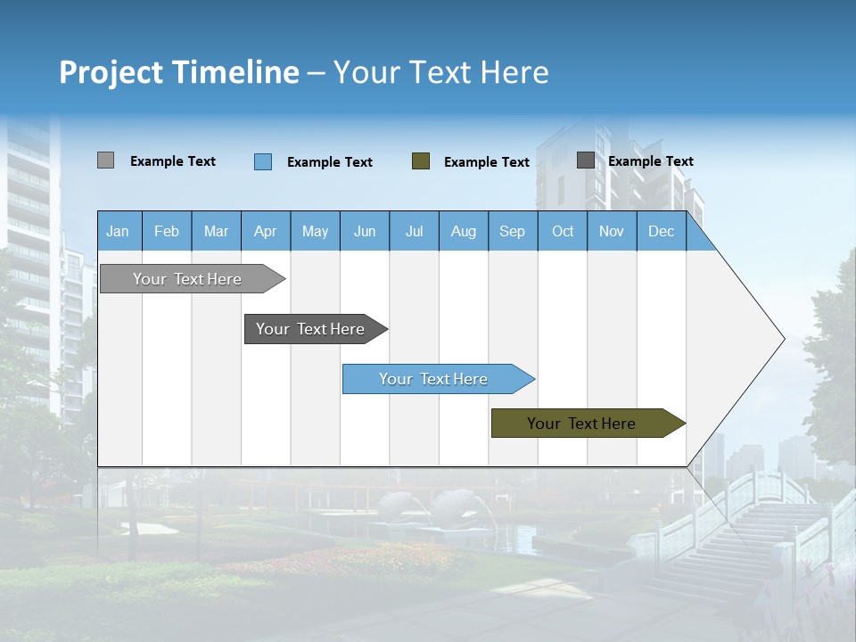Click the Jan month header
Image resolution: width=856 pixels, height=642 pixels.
[x=118, y=231]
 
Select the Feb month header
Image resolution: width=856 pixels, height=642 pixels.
[x=167, y=231]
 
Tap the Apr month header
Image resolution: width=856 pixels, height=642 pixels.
[x=265, y=231]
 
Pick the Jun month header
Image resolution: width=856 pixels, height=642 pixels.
[x=365, y=231]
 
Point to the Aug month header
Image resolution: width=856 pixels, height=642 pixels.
[x=463, y=231]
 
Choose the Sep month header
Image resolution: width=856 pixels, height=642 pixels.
[x=512, y=231]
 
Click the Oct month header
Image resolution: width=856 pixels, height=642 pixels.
[x=563, y=231]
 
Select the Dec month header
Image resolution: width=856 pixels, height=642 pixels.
[x=661, y=231]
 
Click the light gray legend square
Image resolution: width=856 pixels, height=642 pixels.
[x=105, y=160]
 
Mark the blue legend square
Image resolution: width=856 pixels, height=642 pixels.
[x=263, y=161]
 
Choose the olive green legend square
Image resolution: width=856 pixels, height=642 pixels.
[x=421, y=161]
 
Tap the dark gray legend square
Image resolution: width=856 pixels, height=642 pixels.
[x=586, y=160]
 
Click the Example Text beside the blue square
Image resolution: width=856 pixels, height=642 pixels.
[x=329, y=162]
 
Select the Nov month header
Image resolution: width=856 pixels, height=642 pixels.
[x=612, y=231]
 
